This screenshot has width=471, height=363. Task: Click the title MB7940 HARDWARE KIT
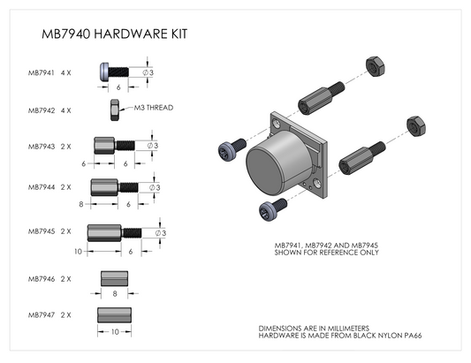(x=115, y=34)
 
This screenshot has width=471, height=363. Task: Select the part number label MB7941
(x=42, y=73)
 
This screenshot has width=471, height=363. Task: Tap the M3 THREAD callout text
(x=154, y=108)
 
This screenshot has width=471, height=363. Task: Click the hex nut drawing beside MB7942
(x=115, y=110)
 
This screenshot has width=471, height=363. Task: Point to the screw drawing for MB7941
(x=114, y=72)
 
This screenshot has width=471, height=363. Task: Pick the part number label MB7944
(x=42, y=187)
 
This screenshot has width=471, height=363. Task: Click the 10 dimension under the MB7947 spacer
(x=115, y=332)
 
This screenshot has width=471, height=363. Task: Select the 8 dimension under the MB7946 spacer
(x=115, y=293)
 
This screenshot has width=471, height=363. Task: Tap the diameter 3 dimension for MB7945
(x=161, y=233)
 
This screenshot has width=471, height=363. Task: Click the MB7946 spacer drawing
(x=115, y=278)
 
